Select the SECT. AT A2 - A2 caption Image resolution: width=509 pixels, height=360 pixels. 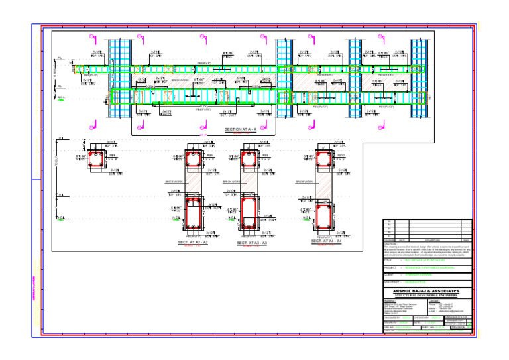192,243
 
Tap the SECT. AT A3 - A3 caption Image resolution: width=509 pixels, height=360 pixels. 252,243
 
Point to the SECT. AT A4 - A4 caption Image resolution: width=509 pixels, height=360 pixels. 326,241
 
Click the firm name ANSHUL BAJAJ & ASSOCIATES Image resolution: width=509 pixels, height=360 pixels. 427,291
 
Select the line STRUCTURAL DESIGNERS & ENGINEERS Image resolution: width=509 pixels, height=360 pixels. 427,296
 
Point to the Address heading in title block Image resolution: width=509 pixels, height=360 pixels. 390,300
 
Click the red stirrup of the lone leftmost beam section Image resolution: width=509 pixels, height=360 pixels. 97,159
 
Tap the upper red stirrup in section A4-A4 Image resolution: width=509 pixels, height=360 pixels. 325,159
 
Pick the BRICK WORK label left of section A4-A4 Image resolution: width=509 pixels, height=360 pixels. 305,182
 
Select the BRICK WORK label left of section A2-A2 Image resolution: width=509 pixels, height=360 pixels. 174,182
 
